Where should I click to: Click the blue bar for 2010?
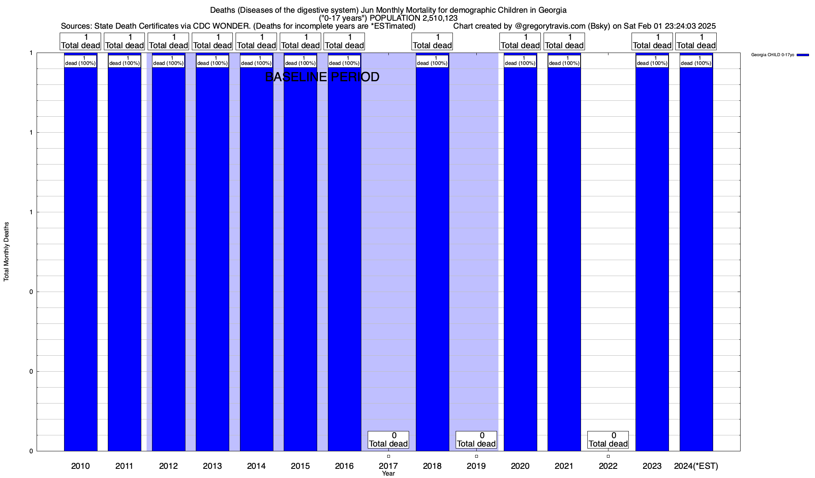(80, 255)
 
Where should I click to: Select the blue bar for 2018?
(432, 255)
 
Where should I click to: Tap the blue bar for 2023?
(652, 255)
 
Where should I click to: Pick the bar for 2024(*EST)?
(696, 255)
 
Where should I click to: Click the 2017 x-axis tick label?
(388, 466)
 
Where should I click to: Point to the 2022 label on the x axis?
(608, 466)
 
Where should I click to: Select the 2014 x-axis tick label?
(256, 466)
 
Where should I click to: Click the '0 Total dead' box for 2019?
(476, 440)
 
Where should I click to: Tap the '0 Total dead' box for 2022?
(608, 440)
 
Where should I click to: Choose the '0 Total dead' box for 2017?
(388, 440)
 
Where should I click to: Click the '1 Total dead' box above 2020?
(520, 41)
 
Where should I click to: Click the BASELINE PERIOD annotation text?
(322, 77)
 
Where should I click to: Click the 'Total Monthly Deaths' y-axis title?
(6, 252)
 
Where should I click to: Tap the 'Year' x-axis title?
(388, 474)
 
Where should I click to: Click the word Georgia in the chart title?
(552, 10)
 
